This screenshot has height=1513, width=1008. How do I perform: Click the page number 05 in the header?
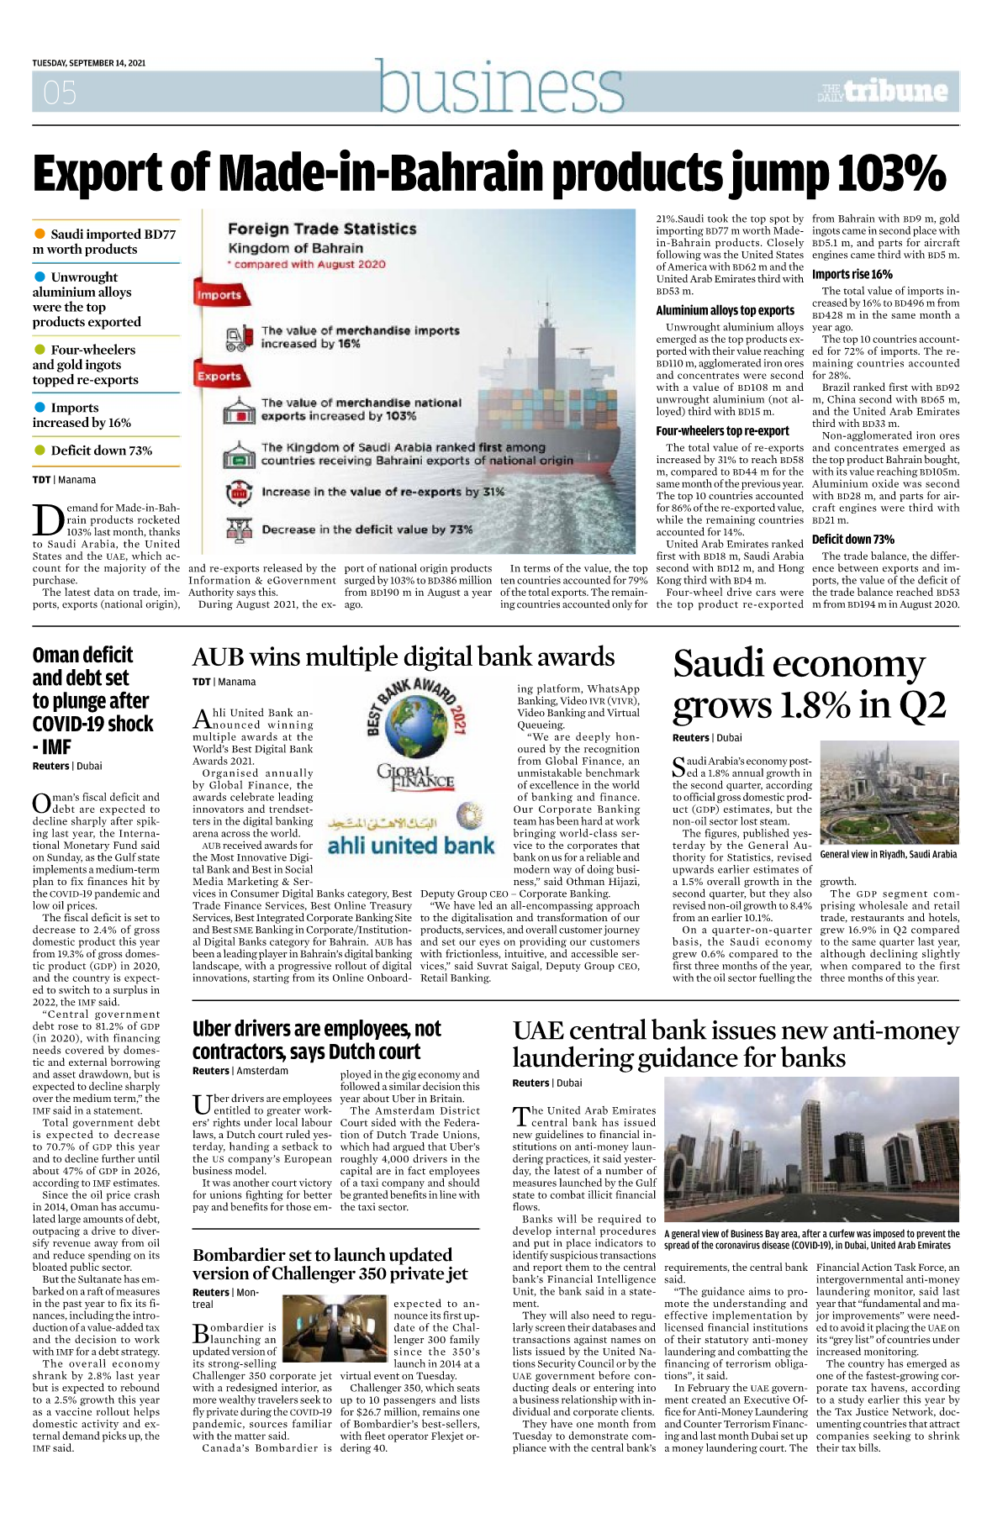click(x=60, y=92)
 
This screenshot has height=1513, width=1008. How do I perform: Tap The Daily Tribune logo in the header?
click(x=883, y=91)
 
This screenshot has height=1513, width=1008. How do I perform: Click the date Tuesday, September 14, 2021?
click(x=89, y=63)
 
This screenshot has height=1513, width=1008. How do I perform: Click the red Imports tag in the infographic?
click(x=219, y=295)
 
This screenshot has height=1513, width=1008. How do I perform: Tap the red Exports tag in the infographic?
click(x=219, y=377)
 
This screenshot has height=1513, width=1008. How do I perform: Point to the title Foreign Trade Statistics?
click(x=322, y=229)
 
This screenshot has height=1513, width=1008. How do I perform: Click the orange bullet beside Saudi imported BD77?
click(x=40, y=234)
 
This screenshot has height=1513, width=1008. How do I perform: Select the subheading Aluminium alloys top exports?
click(x=725, y=310)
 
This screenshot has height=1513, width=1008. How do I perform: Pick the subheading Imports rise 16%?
click(x=852, y=274)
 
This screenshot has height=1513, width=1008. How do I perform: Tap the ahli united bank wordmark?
click(x=411, y=845)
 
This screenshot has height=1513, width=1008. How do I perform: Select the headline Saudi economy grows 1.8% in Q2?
click(x=809, y=684)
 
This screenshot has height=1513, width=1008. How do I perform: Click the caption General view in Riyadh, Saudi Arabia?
click(x=888, y=854)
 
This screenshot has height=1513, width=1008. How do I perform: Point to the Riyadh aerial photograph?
click(x=889, y=793)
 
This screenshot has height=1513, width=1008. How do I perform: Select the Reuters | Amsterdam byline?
click(x=240, y=1071)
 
